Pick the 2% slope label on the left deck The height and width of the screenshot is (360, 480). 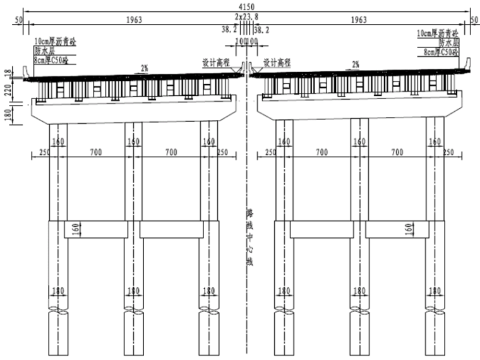tap(145, 67)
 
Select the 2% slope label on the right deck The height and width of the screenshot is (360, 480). tap(356, 64)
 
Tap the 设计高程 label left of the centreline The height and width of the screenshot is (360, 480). tap(213, 63)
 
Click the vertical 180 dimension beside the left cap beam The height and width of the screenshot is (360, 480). tap(8, 116)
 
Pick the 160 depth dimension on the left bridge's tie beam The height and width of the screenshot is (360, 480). tap(76, 228)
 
